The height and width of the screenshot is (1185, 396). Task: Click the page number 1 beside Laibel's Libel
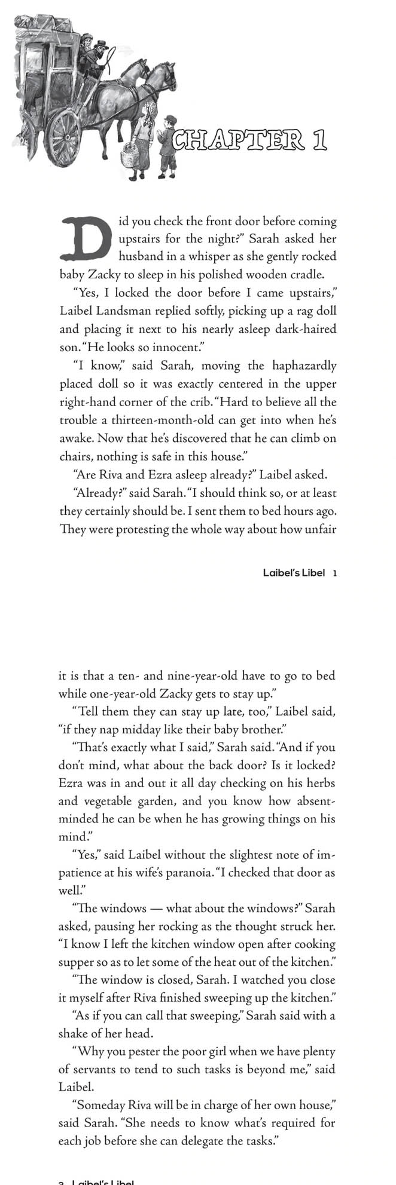335,573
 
